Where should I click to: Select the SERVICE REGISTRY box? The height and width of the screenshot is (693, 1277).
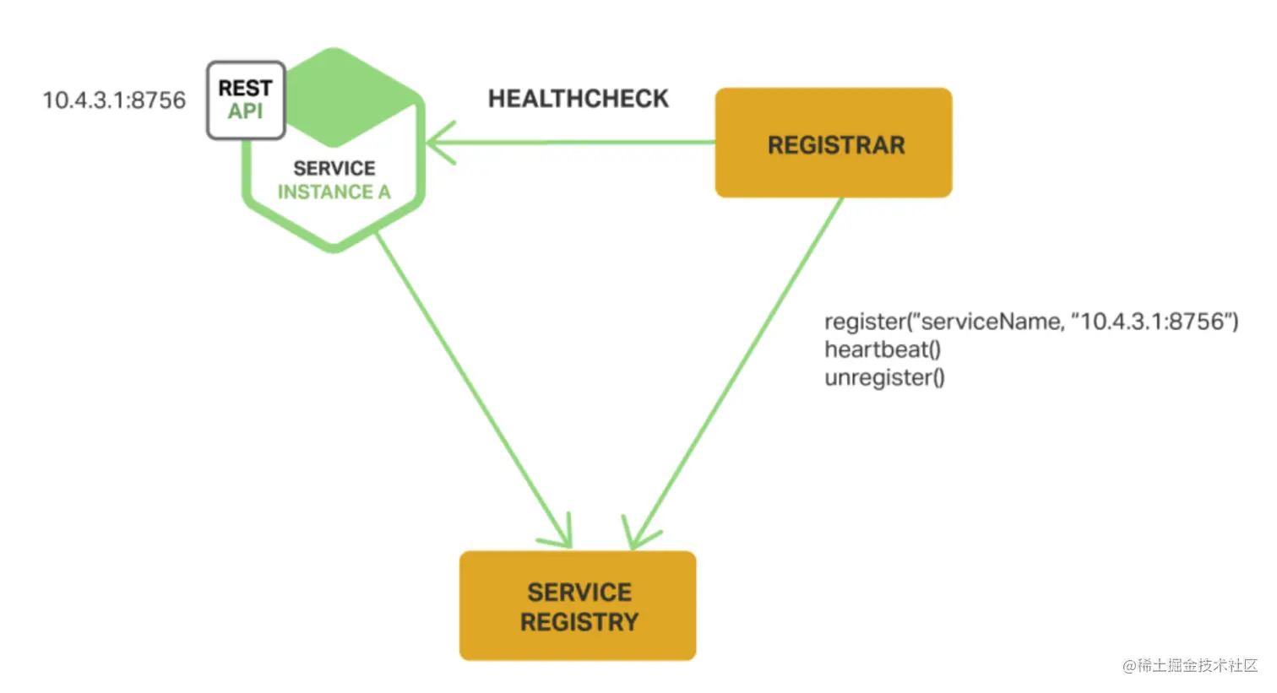(578, 606)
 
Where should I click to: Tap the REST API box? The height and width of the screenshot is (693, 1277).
(246, 100)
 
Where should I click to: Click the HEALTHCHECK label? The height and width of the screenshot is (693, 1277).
(578, 99)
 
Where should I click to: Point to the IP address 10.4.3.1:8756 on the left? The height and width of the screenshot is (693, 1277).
(114, 100)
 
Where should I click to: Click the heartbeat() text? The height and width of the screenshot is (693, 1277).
(882, 349)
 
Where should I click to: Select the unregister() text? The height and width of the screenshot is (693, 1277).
(883, 377)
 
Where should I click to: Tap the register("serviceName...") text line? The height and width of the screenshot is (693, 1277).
(1030, 322)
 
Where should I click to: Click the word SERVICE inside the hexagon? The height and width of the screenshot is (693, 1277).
(334, 168)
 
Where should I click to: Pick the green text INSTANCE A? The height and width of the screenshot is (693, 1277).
(334, 192)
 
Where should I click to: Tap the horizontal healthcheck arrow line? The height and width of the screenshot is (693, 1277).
(574, 142)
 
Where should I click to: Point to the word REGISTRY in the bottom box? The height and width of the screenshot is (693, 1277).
(579, 622)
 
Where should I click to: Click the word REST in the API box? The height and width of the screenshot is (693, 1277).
(245, 88)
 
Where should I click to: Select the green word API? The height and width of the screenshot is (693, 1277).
(245, 111)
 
